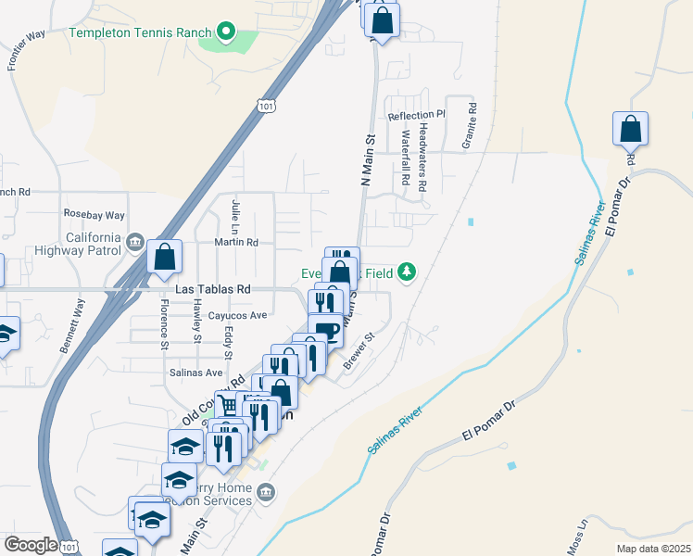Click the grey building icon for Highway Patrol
coord(135,243)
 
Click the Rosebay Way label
coord(87,213)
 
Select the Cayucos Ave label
coord(237,315)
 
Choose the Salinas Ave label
coord(195,373)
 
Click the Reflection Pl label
coord(416,116)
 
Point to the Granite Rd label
coord(472,120)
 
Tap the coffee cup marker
coord(325,330)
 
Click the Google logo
coord(31,545)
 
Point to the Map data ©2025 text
coord(653,549)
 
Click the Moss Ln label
coord(581,537)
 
